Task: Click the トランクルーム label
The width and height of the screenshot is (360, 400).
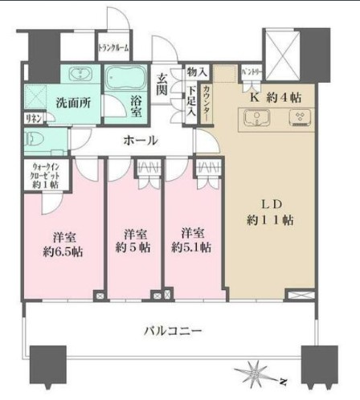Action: pos(115,47)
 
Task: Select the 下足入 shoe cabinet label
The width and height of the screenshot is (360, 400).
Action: pos(190,103)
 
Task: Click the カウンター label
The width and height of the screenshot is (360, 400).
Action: pos(207,103)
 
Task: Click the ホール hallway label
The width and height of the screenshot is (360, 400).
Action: pos(140,140)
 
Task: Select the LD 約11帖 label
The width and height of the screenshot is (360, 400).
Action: pos(270,210)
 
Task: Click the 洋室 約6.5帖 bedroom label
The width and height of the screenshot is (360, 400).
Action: pos(62,243)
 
